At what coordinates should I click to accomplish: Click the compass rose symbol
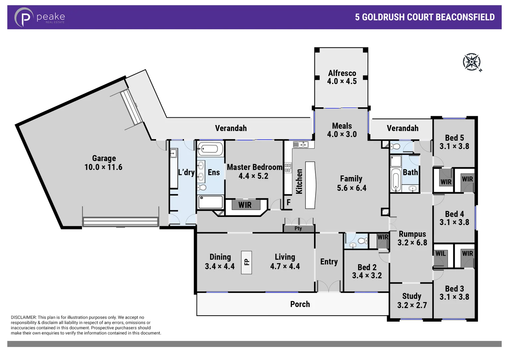click(472, 62)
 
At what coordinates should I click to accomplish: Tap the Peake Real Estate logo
click(39, 17)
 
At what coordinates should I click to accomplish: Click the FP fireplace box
click(246, 262)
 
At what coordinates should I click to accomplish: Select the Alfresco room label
click(342, 73)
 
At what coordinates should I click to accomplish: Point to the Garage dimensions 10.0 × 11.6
click(103, 167)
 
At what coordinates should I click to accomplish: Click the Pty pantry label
click(298, 229)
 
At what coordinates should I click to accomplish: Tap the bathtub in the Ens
click(210, 149)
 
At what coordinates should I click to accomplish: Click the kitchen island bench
click(310, 185)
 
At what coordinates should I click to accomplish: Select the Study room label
click(412, 296)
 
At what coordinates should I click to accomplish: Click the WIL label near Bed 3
click(440, 254)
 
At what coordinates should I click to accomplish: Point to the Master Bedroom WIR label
click(245, 205)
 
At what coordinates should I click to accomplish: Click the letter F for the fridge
click(289, 202)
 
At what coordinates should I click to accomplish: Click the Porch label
click(300, 304)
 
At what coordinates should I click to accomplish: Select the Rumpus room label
click(412, 234)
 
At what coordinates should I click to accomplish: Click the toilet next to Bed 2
click(361, 241)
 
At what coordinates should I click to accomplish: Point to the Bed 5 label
click(454, 138)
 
